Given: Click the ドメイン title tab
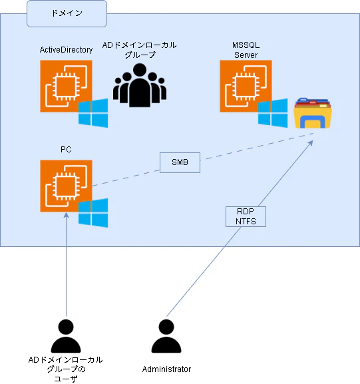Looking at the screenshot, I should [x=67, y=13].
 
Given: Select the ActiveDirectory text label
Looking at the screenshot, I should [x=66, y=50].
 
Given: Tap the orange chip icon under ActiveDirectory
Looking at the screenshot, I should [x=66, y=86].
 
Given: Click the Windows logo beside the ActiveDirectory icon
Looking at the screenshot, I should [x=93, y=112].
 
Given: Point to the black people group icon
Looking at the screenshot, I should [x=139, y=85].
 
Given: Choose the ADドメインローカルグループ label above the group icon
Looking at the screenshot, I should [x=139, y=51].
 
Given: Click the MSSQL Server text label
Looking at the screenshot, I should [x=246, y=49].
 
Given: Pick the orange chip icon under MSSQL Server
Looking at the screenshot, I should [x=246, y=86].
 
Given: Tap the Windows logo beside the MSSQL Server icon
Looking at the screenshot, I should [x=273, y=113].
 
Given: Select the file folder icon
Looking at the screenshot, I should [x=313, y=114].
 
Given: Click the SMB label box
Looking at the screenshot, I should [x=180, y=162].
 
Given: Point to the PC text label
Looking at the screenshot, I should [x=66, y=150].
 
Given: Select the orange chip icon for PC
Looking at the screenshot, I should [x=66, y=186].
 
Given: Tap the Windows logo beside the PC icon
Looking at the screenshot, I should [x=93, y=212].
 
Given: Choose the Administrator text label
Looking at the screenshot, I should [x=166, y=369].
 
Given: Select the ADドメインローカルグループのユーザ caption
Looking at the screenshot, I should [x=66, y=369].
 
